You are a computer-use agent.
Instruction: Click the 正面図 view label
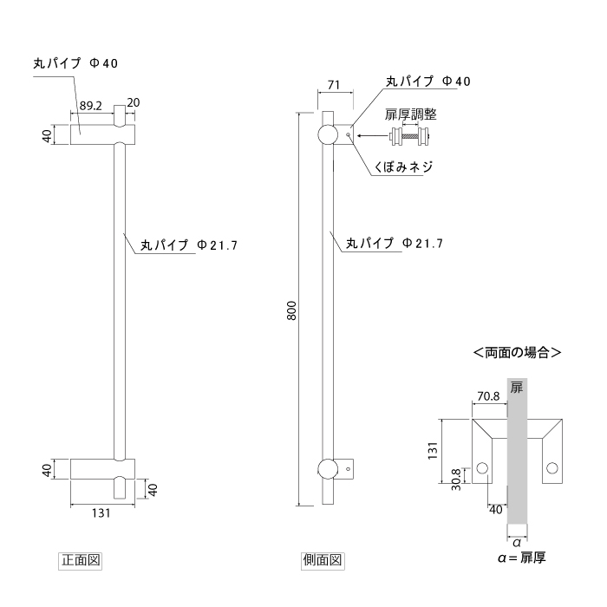(81, 560)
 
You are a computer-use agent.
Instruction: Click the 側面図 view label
(323, 560)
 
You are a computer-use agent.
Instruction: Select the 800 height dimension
(292, 310)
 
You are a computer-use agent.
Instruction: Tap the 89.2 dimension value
(90, 105)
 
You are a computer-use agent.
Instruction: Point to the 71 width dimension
(334, 85)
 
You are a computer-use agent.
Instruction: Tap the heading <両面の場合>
(517, 354)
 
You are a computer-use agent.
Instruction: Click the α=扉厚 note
(522, 558)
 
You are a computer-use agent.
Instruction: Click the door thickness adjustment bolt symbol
(411, 134)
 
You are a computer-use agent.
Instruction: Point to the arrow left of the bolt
(373, 134)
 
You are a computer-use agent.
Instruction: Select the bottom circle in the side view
(328, 469)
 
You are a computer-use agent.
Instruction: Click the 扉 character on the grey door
(517, 387)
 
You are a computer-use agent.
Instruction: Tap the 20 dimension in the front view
(133, 102)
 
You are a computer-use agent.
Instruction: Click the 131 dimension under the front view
(101, 513)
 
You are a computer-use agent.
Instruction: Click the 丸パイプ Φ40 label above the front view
(74, 62)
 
